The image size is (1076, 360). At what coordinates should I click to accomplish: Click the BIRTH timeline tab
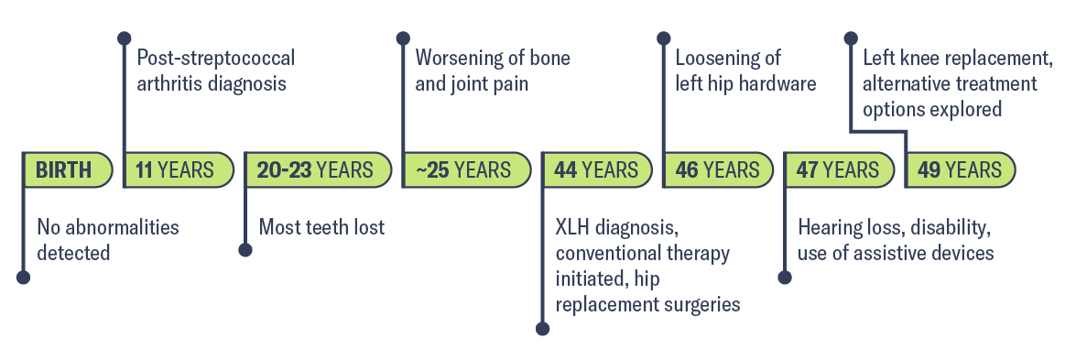pos(64,170)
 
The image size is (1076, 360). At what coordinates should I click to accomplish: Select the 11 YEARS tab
pos(175,170)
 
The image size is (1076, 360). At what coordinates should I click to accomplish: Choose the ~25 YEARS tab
pos(462,170)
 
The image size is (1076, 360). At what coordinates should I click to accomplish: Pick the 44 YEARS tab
pos(595,170)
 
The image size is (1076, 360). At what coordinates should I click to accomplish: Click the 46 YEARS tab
pos(717,170)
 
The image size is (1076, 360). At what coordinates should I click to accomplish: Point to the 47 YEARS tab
pos(837,170)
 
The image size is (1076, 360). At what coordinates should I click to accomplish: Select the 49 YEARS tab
pos(959,170)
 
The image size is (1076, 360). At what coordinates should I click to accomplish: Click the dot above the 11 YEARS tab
pos(125,38)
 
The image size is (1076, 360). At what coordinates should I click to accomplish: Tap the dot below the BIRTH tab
pos(24,277)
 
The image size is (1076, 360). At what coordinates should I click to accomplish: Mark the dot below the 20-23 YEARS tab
pos(245,249)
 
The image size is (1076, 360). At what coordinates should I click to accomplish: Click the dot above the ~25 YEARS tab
pos(403,38)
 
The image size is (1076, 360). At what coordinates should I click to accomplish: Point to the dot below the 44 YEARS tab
pos(542,328)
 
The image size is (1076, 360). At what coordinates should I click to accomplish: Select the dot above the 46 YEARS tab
pos(663,38)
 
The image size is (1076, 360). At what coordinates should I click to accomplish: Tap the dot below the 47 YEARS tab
pos(784,277)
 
